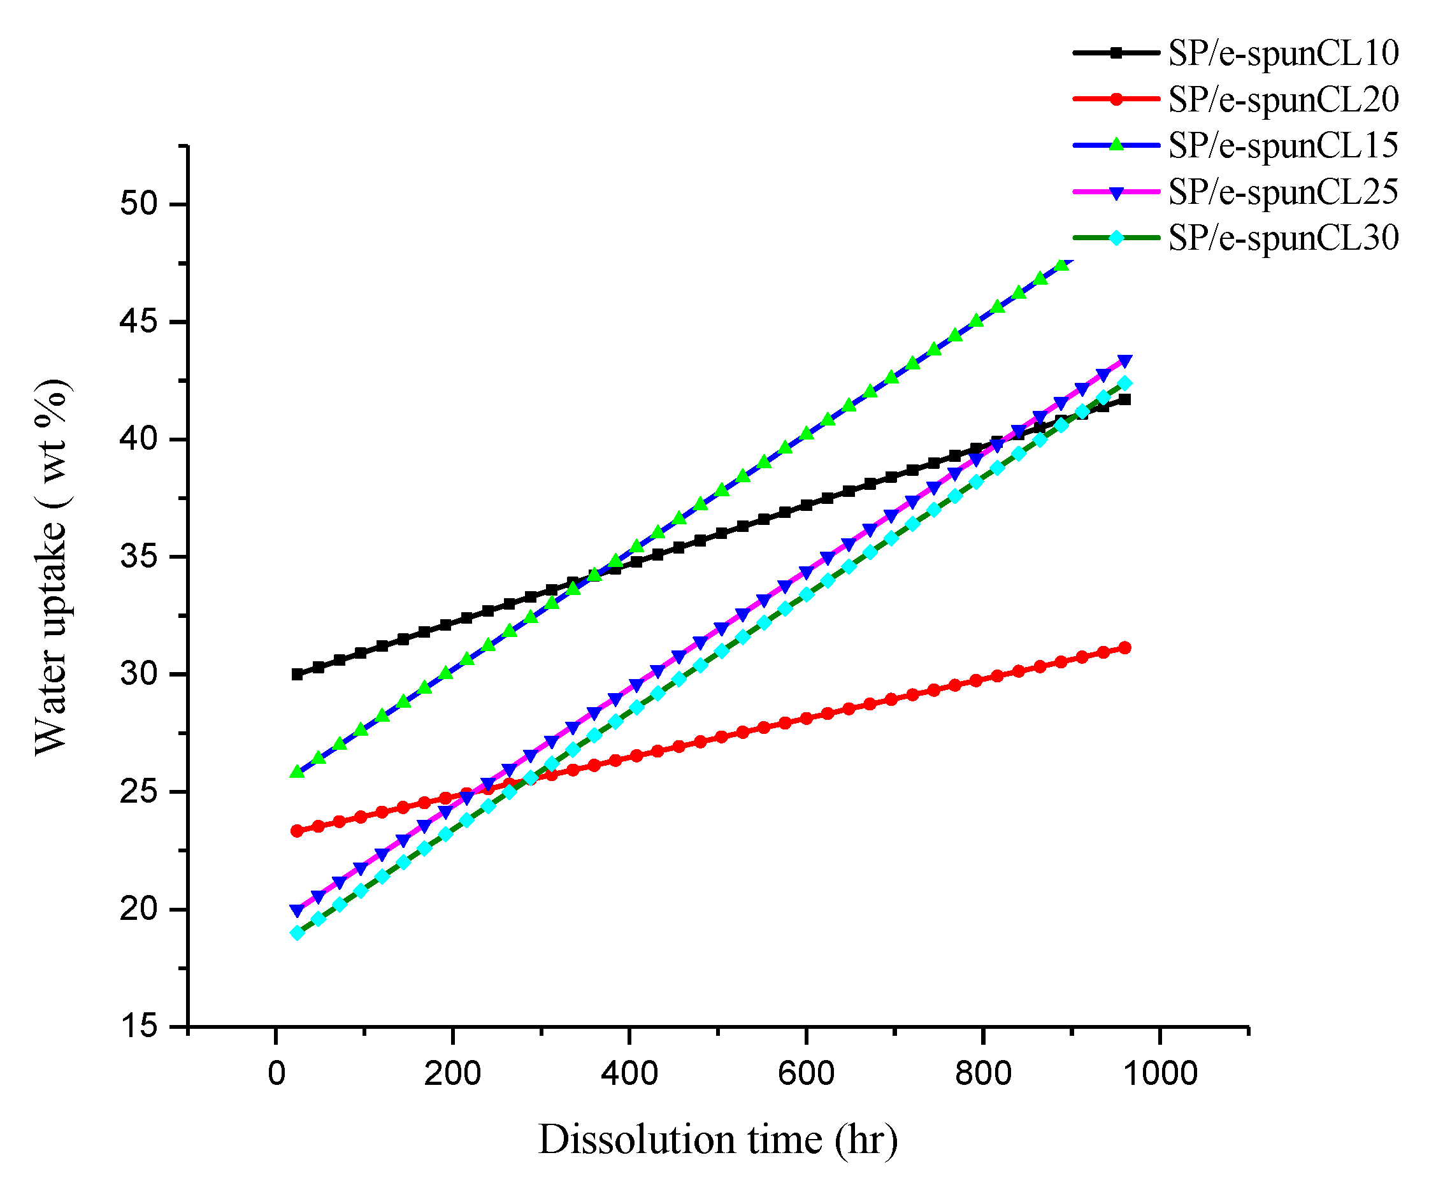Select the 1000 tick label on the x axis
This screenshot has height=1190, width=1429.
coord(1160,1074)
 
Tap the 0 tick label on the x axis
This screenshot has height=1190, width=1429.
coord(276,1074)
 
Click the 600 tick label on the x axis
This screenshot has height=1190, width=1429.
coord(806,1074)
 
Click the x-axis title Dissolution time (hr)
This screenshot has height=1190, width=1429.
coord(717,1140)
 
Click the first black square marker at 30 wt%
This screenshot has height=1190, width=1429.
coord(297,674)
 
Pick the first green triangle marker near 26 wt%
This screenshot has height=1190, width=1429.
coord(297,771)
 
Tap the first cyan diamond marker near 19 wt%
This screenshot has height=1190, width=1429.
coord(297,933)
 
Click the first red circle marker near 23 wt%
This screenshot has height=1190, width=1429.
coord(297,831)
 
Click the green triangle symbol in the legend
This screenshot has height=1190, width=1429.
coord(1116,145)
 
